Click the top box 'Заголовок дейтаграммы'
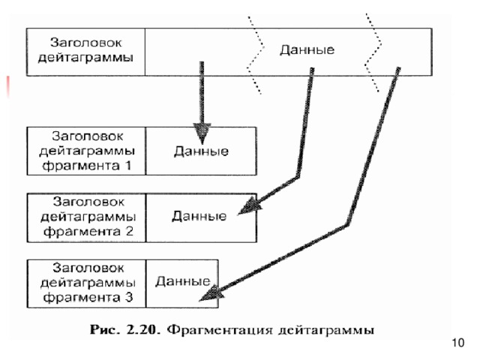click(85, 51)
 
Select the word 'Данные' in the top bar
click(307, 50)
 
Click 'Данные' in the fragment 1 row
click(200, 151)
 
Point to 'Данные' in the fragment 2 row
click(198, 217)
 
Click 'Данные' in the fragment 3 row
click(181, 282)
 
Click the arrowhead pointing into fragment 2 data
click(248, 207)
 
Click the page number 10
click(459, 343)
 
